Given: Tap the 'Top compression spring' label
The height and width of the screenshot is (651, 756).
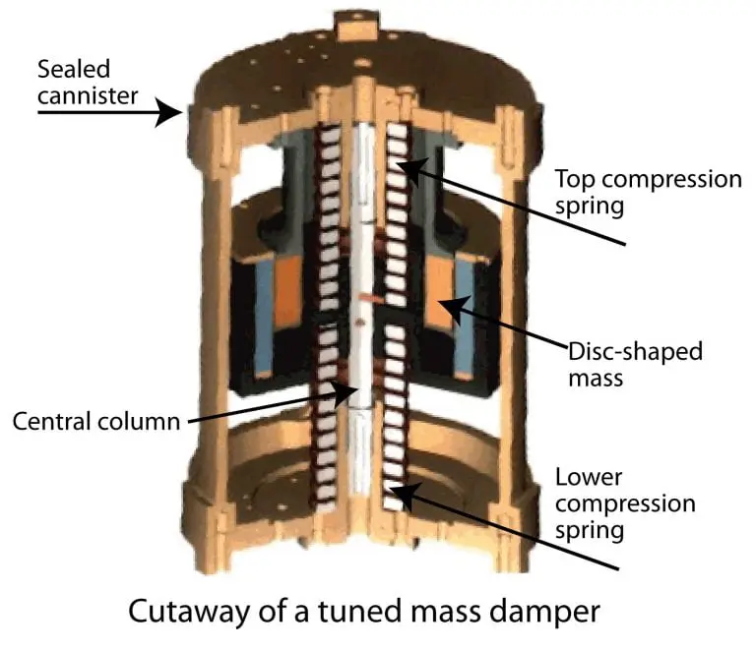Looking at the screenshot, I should (x=648, y=194).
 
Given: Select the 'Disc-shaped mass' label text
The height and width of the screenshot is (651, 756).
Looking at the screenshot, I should (x=636, y=363).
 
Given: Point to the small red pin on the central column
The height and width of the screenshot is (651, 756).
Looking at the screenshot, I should (x=364, y=294).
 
